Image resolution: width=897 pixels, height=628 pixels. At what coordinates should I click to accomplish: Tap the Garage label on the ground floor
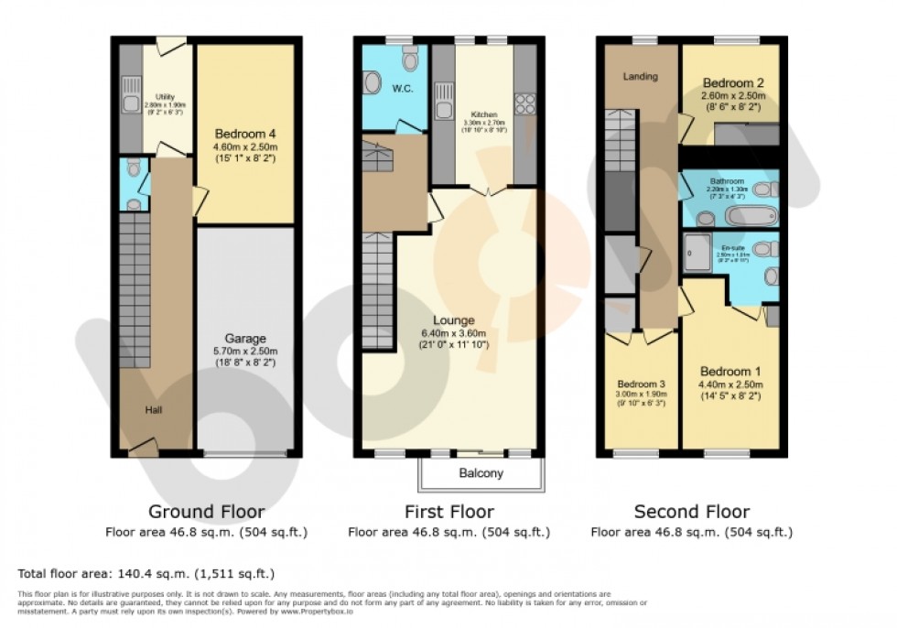245,338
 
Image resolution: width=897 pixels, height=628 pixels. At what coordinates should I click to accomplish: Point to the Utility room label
165,97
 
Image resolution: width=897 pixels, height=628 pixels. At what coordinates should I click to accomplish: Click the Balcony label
481,474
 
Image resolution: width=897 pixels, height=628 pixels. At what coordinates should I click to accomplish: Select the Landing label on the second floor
640,76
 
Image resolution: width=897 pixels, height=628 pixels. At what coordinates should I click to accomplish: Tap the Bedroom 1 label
730,372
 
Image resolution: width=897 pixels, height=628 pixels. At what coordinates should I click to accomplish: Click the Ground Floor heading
207,512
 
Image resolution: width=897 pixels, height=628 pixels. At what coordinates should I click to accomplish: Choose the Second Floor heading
691,512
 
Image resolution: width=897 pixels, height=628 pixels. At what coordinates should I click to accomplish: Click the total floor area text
146,574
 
